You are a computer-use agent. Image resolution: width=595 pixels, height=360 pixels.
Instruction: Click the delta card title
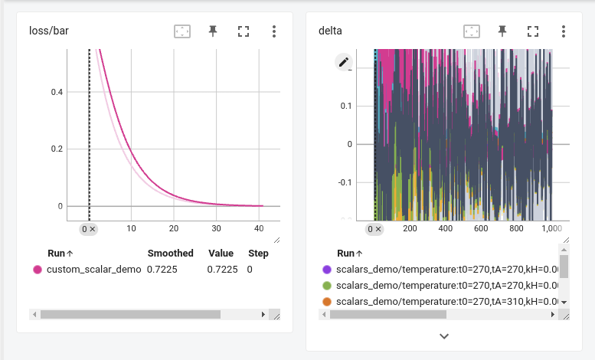330,31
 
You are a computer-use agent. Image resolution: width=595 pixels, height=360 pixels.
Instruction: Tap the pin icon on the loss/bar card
213,31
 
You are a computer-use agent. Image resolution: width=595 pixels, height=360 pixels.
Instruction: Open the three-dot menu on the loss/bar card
273,31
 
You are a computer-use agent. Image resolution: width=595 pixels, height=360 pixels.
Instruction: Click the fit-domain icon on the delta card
472,31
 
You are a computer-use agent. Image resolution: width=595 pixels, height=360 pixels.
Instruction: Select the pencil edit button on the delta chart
343,62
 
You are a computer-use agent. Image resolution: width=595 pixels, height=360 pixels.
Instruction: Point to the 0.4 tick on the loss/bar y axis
57,92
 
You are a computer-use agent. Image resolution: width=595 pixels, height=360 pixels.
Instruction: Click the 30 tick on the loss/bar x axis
217,228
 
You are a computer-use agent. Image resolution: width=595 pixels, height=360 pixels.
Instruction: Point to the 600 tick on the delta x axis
481,228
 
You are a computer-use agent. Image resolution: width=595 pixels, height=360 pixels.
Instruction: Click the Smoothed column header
170,254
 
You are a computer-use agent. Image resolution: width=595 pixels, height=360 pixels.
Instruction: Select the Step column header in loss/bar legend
258,254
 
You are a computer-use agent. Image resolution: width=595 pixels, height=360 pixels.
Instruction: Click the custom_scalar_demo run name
93,270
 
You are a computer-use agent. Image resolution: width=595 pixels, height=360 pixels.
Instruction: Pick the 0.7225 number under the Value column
222,270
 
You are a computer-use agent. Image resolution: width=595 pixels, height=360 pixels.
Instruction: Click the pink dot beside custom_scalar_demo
37,270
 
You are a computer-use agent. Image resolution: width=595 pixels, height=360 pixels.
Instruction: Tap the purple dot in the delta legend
326,270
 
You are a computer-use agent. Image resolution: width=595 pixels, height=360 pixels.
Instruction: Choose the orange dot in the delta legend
326,302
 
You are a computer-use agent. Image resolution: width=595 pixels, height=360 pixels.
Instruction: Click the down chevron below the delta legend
444,335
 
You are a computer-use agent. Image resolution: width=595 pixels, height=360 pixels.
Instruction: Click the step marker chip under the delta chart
374,229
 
